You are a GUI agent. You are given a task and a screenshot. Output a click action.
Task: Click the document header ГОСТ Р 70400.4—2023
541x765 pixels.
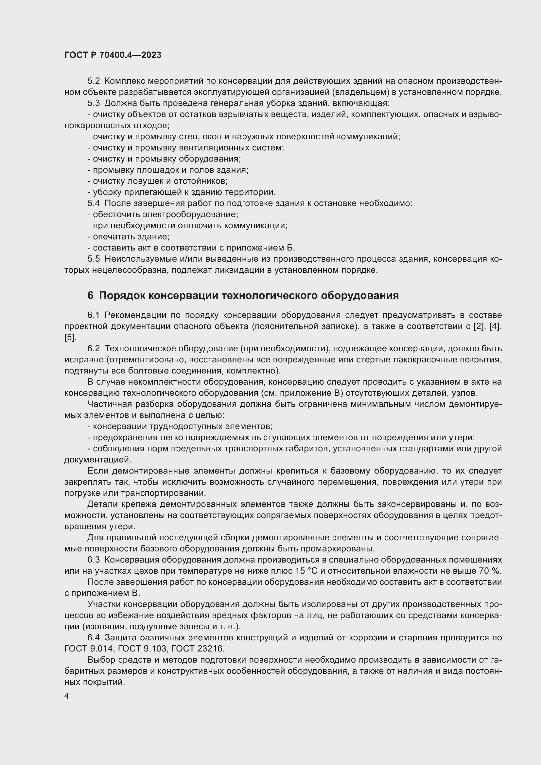113,55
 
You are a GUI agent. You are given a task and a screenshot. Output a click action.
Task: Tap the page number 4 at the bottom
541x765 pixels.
67,696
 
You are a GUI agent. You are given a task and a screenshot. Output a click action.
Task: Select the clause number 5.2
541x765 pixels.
94,81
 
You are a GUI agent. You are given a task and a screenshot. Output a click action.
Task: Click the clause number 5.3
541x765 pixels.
94,103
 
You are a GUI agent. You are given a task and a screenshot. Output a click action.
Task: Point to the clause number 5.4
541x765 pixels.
94,203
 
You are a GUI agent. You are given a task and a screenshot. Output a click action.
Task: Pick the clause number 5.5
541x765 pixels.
94,259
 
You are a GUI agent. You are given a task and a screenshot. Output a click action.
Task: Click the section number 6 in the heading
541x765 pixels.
90,296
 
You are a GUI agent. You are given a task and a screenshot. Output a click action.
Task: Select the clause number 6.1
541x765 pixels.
94,315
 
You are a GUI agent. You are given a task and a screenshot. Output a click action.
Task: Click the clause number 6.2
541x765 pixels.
94,349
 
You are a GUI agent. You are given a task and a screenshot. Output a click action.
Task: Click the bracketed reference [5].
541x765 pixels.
70,337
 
